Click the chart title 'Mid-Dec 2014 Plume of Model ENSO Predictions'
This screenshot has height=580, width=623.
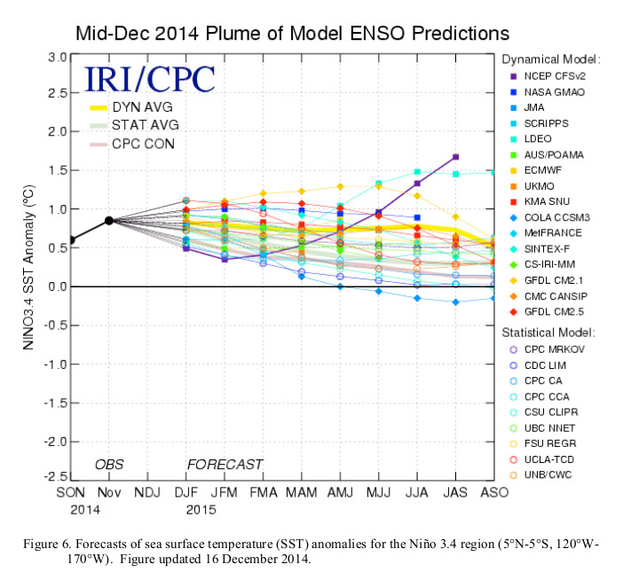tap(293, 33)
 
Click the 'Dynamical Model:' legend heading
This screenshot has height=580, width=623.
tap(550, 59)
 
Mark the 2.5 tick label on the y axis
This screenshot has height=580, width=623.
tap(57, 93)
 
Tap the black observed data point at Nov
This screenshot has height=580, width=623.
tap(108, 221)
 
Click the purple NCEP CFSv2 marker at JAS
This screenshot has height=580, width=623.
tap(455, 157)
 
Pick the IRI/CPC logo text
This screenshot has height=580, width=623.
tap(149, 80)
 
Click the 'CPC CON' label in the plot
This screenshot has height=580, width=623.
tap(146, 145)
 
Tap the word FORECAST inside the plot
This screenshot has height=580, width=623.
tap(225, 465)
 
